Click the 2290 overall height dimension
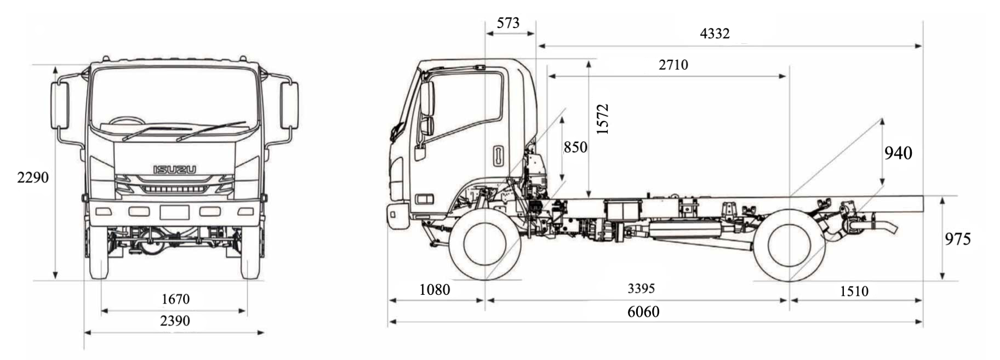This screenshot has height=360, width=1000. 33,178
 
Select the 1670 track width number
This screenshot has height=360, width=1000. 175,299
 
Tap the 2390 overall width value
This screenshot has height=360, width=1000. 175,321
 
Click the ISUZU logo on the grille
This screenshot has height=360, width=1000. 174,170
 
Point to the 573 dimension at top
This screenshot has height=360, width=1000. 508,23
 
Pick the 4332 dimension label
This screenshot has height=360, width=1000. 715,34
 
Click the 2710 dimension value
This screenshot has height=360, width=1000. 673,65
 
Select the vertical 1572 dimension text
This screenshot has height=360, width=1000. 602,119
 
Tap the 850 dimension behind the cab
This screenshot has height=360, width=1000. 575,147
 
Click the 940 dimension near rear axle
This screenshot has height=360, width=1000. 898,153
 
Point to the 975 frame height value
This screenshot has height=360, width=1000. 957,239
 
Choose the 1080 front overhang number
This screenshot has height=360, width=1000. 435,290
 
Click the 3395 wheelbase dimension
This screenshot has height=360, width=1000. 641,289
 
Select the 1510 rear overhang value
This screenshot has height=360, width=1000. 854,292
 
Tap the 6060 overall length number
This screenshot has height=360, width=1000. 643,312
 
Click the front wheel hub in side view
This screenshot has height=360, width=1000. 485,244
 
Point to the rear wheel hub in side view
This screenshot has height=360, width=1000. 789,245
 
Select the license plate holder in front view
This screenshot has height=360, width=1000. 174,212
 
